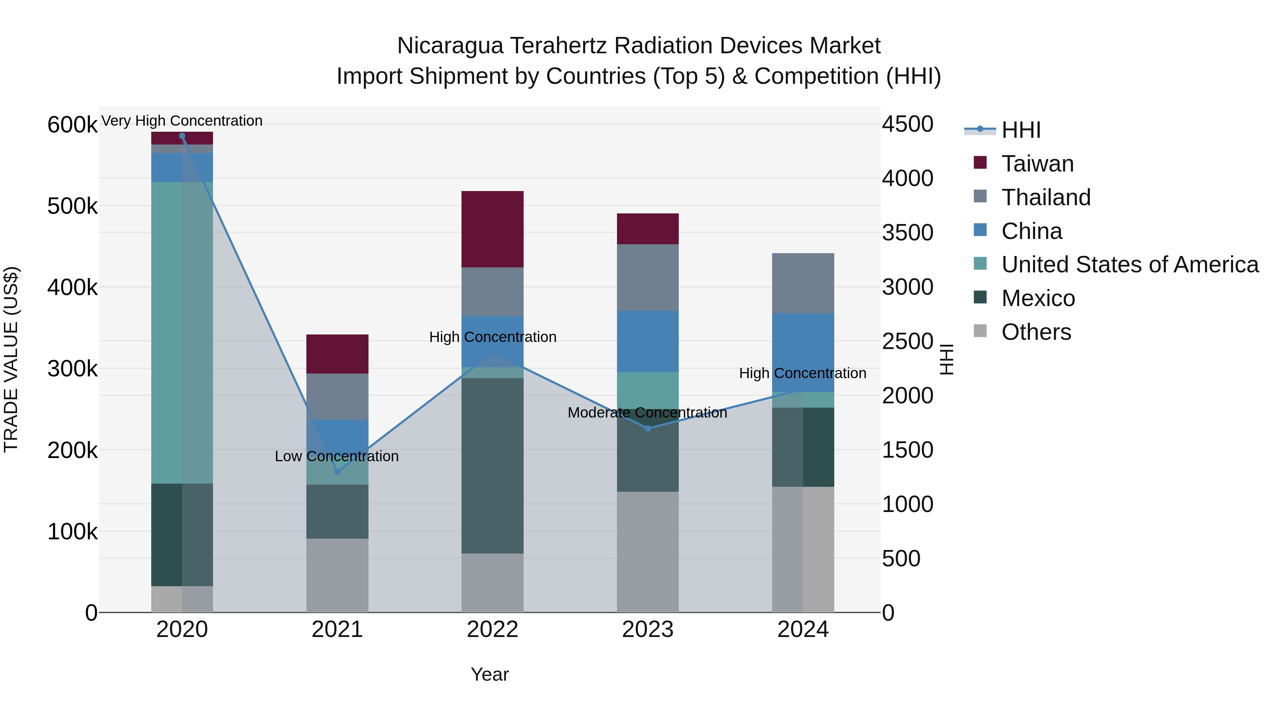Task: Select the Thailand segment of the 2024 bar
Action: (x=803, y=283)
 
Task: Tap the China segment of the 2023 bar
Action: (x=648, y=341)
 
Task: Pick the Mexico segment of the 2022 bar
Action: (x=492, y=465)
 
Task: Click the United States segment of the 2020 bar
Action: (x=181, y=332)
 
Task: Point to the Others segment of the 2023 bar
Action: (x=648, y=552)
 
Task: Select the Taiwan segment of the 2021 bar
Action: (x=337, y=354)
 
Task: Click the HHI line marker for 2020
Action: (x=182, y=136)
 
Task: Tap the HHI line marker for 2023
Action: (x=648, y=428)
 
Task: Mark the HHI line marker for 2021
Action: (x=337, y=472)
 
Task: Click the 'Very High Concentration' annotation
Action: (x=181, y=121)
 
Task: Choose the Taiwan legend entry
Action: (x=1037, y=164)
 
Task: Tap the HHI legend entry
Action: (x=1021, y=130)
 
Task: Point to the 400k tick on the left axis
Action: (x=72, y=287)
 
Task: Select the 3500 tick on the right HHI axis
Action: (x=907, y=233)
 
